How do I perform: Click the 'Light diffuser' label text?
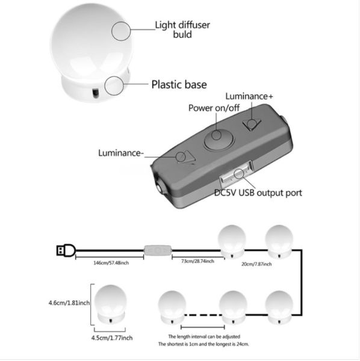182,25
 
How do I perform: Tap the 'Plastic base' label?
179,84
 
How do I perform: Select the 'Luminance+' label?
249,96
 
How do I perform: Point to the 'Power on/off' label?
214,108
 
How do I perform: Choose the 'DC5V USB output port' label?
258,193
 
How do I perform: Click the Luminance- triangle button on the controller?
186,158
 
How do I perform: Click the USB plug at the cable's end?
66,250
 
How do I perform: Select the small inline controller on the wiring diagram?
158,250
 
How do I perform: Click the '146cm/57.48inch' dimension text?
111,263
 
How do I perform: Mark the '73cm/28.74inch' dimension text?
197,261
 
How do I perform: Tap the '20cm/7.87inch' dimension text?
256,264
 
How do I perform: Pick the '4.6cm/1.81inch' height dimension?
69,303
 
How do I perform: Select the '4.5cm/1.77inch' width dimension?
112,338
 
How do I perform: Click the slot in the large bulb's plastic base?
95,93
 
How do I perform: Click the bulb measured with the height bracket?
111,304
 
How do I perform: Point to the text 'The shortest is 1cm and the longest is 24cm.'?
203,344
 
